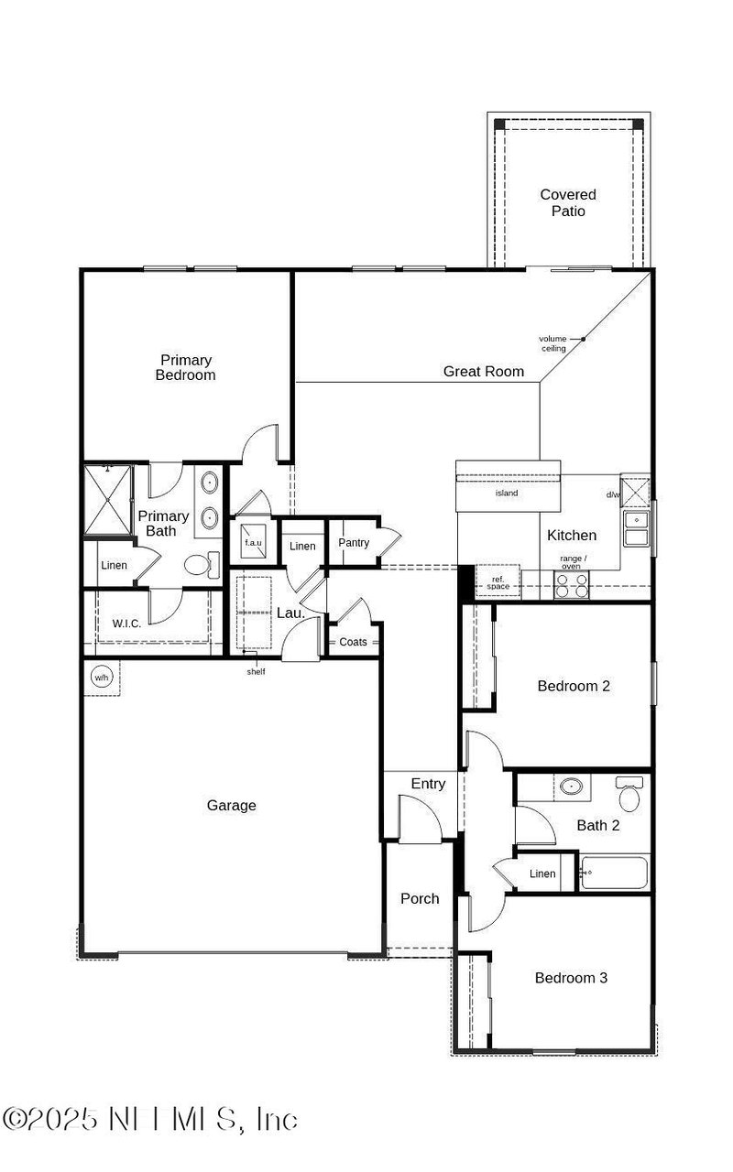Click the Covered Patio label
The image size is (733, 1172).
tap(568, 202)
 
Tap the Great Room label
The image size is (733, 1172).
tap(484, 371)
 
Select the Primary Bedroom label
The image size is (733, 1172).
tap(186, 367)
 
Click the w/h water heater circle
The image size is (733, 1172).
tap(101, 678)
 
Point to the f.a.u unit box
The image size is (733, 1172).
tap(253, 542)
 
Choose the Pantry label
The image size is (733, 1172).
tap(354, 543)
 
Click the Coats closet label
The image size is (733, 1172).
tap(353, 642)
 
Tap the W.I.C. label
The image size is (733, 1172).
tap(126, 624)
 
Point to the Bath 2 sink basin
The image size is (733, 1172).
tap(573, 786)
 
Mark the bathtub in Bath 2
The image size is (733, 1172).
tap(614, 873)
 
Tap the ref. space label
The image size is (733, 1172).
tap(498, 582)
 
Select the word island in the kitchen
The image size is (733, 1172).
tap(507, 494)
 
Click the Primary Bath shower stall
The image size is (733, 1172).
tap(108, 501)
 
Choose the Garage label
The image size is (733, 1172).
tap(231, 806)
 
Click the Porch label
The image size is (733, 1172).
tap(420, 898)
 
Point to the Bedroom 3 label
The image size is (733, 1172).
tap(571, 978)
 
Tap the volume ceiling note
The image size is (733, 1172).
tap(552, 343)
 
